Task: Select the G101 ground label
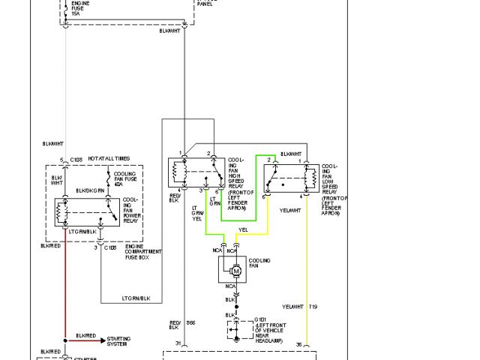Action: [x=261, y=318]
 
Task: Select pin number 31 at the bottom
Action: [x=178, y=344]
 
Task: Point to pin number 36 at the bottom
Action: [x=299, y=344]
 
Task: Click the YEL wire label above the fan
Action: [x=243, y=230]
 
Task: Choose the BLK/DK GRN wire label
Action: [x=89, y=190]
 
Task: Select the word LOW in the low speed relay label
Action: [x=328, y=185]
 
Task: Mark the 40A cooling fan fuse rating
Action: [x=120, y=185]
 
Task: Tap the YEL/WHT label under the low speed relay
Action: [x=290, y=210]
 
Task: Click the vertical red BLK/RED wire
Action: [x=65, y=292]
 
